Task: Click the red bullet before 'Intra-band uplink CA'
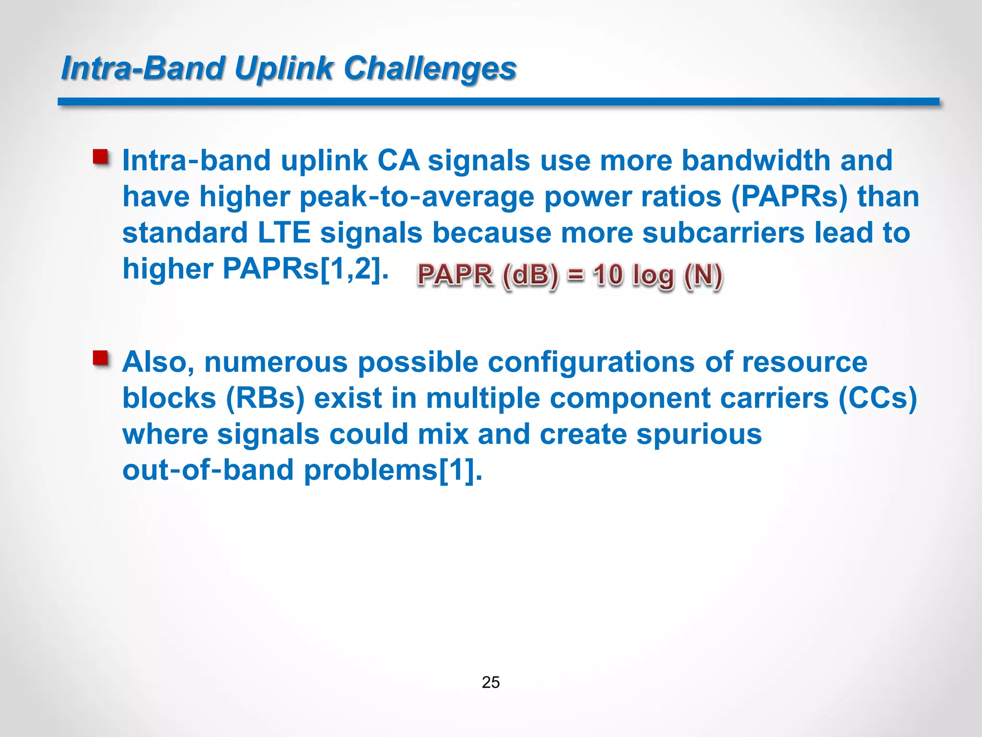pos(101,157)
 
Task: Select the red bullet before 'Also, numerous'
pos(101,358)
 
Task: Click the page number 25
pos(491,682)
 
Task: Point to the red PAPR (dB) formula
pos(570,276)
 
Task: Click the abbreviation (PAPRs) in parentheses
pos(789,197)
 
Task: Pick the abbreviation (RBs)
pos(265,398)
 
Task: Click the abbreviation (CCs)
pos(877,398)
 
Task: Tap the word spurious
pos(699,434)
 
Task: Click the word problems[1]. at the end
pos(393,470)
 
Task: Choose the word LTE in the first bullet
pos(284,233)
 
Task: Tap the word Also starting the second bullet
pos(156,362)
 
